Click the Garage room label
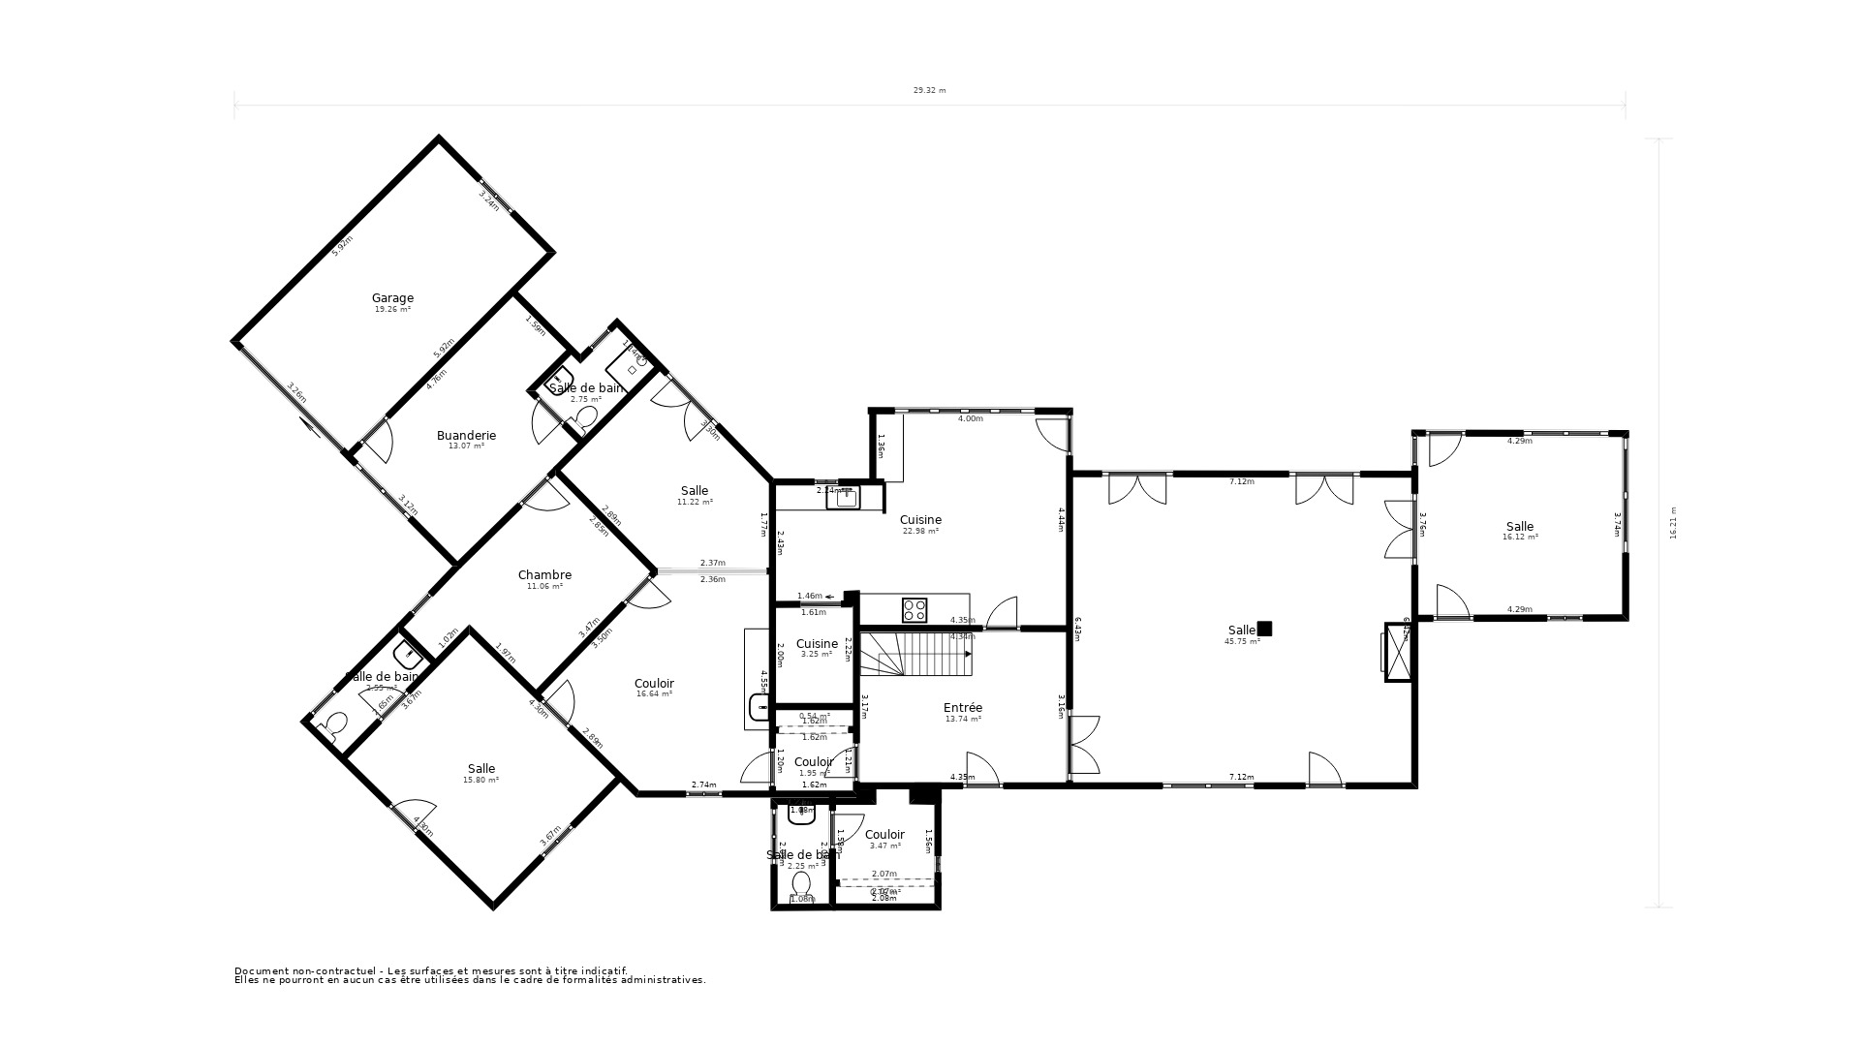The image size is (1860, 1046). point(392,298)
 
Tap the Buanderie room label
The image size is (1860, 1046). point(466,436)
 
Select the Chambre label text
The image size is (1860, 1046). point(544,575)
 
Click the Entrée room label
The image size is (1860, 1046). point(963,708)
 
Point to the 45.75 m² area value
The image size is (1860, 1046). point(1243,641)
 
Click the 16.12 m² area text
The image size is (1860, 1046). point(1520,537)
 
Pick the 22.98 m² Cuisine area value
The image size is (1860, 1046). point(920,531)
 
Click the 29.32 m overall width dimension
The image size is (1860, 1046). point(929,90)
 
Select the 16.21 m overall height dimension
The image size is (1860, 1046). point(1673,523)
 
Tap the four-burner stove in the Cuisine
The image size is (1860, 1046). point(914,610)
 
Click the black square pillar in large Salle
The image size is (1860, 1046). point(1264,629)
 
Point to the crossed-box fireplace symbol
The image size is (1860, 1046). point(1397,654)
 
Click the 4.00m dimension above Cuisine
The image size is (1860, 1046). point(970,419)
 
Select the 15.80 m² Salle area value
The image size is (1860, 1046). point(481,780)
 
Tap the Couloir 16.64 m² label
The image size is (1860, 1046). point(654,684)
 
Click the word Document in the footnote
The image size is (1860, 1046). point(259,970)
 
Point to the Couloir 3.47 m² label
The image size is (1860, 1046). point(884,835)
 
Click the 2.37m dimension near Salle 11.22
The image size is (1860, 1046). point(712,563)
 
